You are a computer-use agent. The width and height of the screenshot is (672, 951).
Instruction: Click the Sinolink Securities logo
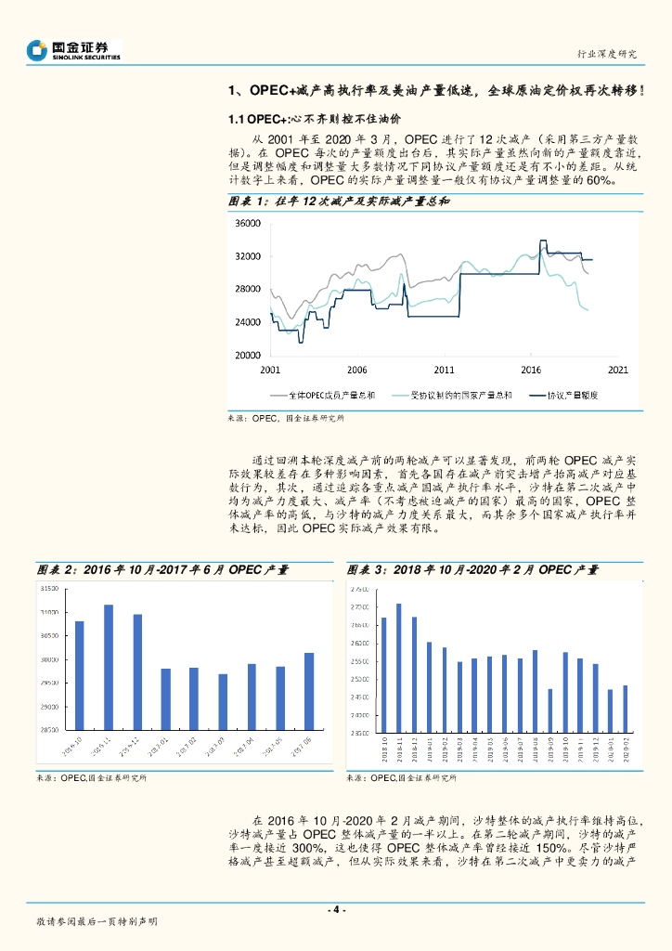(x=73, y=50)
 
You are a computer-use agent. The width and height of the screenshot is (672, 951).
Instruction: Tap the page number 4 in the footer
(x=337, y=908)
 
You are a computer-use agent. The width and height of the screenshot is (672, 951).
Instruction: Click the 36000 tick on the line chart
(x=247, y=224)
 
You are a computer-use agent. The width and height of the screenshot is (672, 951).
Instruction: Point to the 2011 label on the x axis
(x=445, y=369)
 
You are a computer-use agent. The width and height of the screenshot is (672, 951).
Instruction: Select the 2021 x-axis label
(x=617, y=369)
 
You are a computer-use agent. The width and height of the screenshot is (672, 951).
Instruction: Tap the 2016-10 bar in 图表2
(x=80, y=675)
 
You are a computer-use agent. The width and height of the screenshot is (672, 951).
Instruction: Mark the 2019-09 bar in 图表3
(x=549, y=710)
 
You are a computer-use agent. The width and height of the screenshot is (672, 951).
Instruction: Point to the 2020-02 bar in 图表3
(x=625, y=709)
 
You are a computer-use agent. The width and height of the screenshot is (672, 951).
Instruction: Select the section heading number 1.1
(x=237, y=119)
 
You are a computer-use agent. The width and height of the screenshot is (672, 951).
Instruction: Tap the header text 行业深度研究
(x=607, y=55)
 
